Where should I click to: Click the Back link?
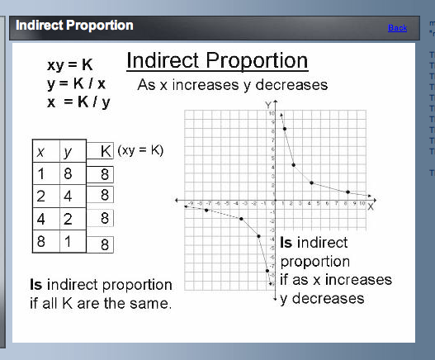tap(397, 28)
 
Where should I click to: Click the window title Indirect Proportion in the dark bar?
tap(74, 26)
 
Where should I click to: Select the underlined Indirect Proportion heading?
tap(217, 61)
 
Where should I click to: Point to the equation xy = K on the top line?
tap(70, 64)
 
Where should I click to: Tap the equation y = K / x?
tap(76, 83)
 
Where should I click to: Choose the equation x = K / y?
tap(76, 102)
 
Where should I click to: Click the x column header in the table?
tap(40, 152)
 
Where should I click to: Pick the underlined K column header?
tap(105, 151)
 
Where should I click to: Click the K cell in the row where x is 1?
tap(105, 174)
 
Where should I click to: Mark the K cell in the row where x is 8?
tap(105, 244)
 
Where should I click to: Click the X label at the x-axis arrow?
tap(371, 206)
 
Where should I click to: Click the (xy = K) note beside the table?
tap(140, 150)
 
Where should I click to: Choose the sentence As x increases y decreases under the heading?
tap(232, 85)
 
